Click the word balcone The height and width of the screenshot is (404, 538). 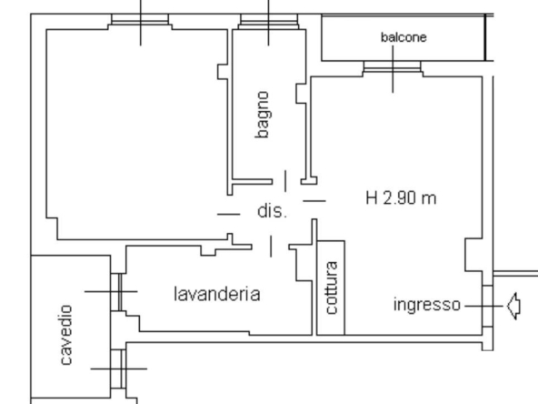(403, 37)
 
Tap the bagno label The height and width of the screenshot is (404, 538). (262, 115)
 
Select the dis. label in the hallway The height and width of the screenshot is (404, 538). (272, 211)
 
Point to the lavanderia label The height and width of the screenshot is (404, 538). (217, 295)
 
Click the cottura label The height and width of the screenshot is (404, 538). (332, 288)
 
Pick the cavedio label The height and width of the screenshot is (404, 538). (66, 335)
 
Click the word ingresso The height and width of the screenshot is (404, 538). (427, 305)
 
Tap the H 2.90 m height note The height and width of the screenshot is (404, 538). (401, 198)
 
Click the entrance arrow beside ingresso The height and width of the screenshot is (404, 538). (513, 306)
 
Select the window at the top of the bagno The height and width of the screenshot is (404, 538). (269, 22)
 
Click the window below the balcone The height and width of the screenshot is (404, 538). (393, 69)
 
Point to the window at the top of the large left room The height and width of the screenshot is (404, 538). (140, 22)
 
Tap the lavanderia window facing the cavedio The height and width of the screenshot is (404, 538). (116, 292)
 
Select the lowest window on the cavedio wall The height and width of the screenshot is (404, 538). (118, 369)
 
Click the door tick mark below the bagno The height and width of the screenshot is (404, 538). (285, 181)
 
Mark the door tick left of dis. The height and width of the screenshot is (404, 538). (228, 214)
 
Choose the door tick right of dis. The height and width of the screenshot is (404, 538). (314, 200)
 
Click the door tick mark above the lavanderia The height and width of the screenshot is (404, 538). (271, 247)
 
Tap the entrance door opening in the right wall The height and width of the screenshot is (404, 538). (487, 306)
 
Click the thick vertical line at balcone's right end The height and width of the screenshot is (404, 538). (485, 37)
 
